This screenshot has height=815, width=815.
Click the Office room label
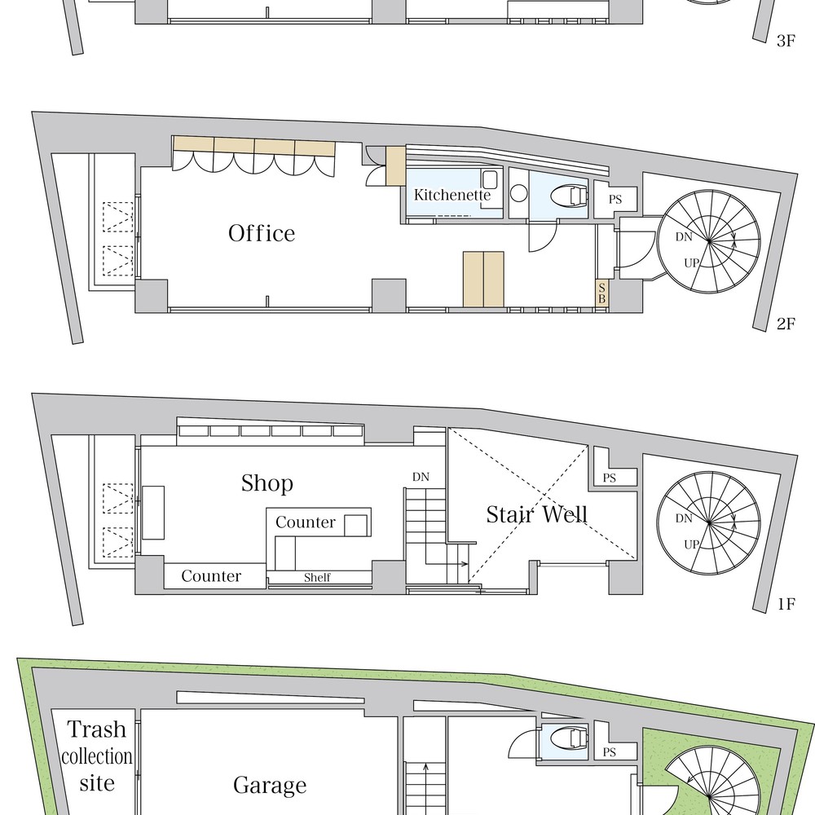tap(262, 233)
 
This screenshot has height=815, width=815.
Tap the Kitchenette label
tap(452, 195)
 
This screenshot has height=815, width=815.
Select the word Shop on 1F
tap(267, 484)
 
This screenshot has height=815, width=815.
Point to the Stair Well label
tap(537, 514)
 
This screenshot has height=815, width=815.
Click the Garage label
tap(270, 786)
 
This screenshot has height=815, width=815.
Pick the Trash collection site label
tap(97, 756)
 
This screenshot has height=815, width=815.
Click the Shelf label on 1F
tap(317, 578)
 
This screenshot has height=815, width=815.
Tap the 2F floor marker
tap(786, 324)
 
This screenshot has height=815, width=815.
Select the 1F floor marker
tap(787, 604)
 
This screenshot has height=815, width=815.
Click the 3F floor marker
tap(786, 41)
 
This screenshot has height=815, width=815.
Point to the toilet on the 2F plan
tap(569, 196)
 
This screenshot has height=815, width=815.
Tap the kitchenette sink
tap(490, 180)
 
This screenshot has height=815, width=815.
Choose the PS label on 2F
tap(615, 200)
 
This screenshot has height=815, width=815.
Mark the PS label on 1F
tap(609, 478)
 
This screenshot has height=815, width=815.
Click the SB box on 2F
tap(602, 293)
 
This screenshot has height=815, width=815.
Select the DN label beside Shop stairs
tap(421, 477)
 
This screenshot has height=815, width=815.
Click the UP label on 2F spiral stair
tap(691, 263)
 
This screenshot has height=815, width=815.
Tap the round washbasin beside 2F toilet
tap(518, 193)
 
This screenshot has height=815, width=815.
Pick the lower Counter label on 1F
tap(211, 576)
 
